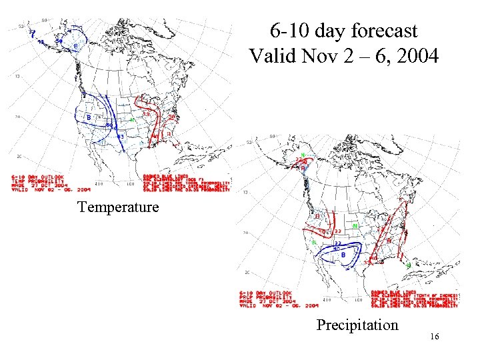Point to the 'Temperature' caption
pos(118,207)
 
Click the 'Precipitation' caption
pos(357,325)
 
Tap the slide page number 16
pos(434,337)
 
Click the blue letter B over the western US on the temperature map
pos(89,118)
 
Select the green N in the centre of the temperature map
pos(132,120)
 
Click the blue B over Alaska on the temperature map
pos(75,45)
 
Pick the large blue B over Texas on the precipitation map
pos(343,255)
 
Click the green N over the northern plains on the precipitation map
pos(355,226)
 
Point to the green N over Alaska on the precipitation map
pos(303,155)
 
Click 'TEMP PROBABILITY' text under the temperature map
pos(38,181)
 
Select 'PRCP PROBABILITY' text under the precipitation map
pos(267,297)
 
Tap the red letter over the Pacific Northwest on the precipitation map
pos(318,217)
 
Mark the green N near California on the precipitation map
pos(314,242)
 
